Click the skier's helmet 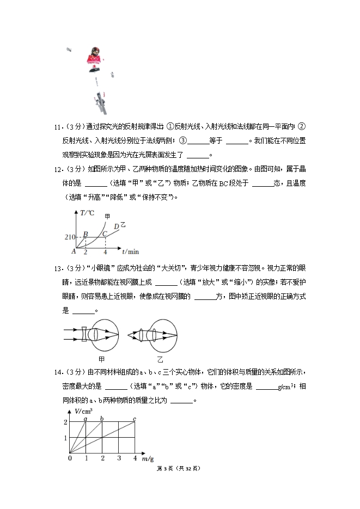(95, 50)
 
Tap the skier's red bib (94, 58)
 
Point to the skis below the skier (100, 99)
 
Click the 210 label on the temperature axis (70, 237)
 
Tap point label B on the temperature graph (85, 234)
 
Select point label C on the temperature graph (105, 234)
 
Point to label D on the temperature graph (116, 226)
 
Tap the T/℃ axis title (87, 213)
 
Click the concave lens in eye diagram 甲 (84, 335)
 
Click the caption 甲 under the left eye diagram (101, 359)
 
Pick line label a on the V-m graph (86, 418)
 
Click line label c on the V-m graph (135, 418)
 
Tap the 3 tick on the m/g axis (119, 458)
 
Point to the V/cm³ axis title (83, 410)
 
